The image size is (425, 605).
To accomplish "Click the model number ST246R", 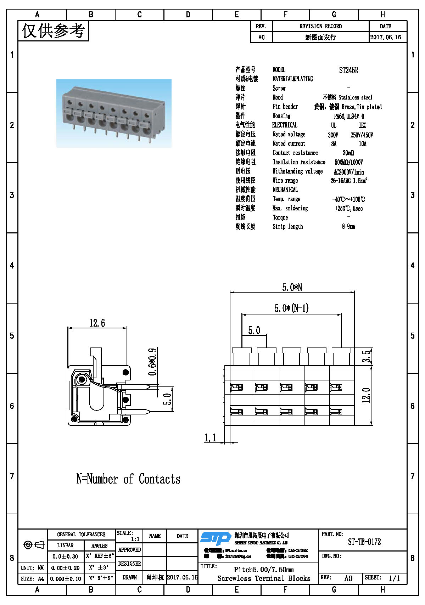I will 348,70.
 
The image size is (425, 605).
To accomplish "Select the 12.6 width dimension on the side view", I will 97,323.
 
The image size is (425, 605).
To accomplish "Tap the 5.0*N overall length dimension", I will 292,287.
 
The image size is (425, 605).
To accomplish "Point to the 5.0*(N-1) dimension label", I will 291,308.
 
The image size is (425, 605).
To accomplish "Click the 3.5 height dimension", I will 367,356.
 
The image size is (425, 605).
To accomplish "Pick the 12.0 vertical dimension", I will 367,395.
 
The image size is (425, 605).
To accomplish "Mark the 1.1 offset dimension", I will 210,438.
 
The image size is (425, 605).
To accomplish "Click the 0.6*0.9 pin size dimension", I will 152,362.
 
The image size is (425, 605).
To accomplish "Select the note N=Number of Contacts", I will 128,479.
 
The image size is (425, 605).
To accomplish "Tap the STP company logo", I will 216,538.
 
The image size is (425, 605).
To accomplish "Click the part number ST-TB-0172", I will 364,542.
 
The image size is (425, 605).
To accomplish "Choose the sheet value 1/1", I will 394,578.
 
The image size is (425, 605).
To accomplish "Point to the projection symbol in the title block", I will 33,545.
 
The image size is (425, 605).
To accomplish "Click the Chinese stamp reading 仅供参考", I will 53,31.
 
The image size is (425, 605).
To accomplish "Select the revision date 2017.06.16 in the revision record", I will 386,37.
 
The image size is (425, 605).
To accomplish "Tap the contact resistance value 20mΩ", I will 348,153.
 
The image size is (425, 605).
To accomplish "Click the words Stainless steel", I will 355,97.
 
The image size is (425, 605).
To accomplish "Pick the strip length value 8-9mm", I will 348,227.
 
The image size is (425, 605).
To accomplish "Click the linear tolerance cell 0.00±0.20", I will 65,568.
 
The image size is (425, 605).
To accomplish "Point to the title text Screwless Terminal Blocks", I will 264,578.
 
